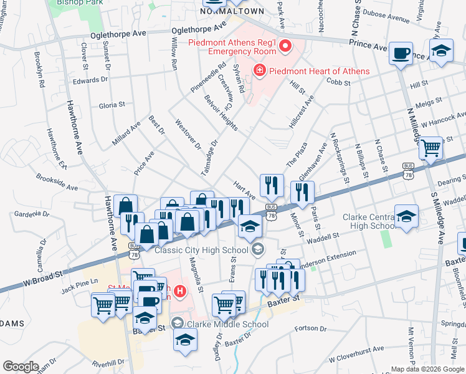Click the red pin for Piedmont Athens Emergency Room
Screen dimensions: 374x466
click(286, 46)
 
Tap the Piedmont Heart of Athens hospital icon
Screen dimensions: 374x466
click(259, 71)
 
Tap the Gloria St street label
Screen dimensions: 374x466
click(112, 105)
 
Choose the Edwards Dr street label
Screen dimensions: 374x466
click(90, 80)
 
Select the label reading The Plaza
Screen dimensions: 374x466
click(297, 154)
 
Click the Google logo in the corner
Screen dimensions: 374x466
click(21, 367)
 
